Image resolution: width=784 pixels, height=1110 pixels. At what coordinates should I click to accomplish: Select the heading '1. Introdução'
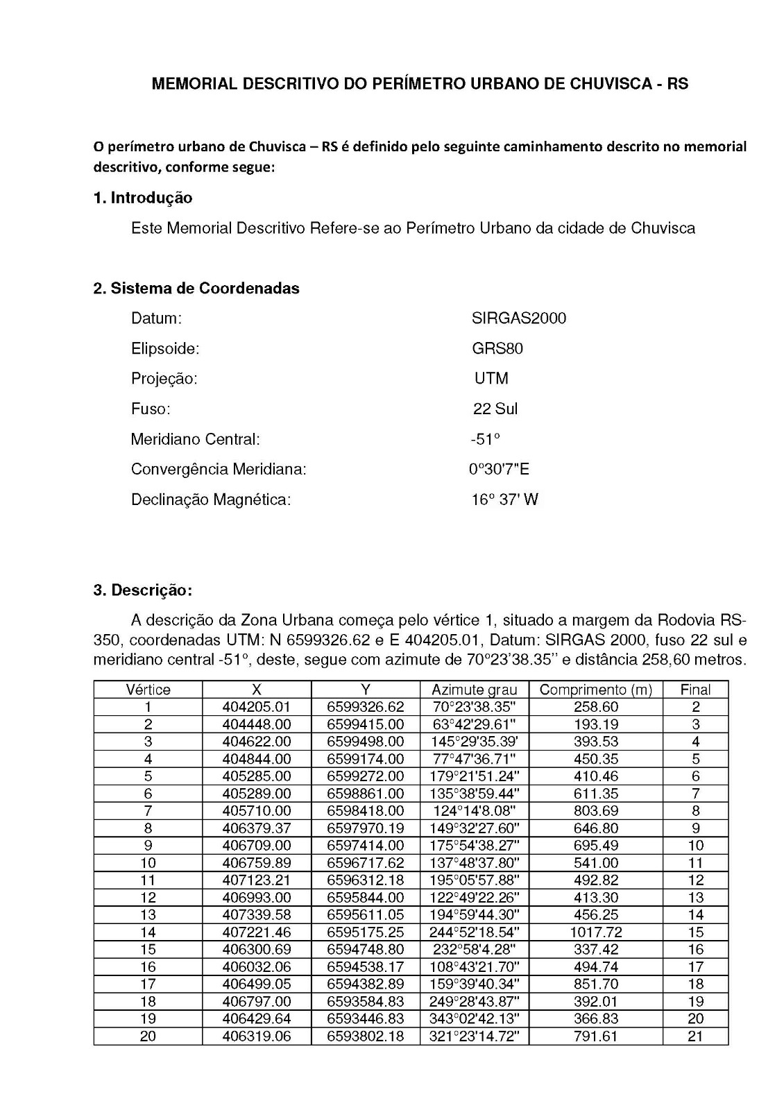pyautogui.click(x=142, y=198)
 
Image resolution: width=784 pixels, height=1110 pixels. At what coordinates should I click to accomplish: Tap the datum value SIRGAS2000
pyautogui.click(x=518, y=318)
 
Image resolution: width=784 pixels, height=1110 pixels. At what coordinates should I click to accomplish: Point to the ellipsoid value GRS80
pyautogui.click(x=497, y=348)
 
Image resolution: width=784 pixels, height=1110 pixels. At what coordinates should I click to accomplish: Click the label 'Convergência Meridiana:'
pyautogui.click(x=219, y=470)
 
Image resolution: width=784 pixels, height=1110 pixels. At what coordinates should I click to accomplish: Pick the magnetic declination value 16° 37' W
pyautogui.click(x=504, y=499)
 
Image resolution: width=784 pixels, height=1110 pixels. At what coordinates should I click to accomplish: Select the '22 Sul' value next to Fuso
pyautogui.click(x=495, y=409)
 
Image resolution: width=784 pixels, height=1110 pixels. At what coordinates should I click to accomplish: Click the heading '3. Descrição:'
pyautogui.click(x=142, y=590)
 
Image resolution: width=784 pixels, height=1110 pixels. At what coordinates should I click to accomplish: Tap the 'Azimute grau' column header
pyautogui.click(x=474, y=690)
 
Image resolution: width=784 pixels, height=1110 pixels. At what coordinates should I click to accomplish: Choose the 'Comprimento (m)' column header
pyautogui.click(x=595, y=690)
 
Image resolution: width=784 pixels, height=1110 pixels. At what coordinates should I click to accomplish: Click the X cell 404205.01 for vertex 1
pyautogui.click(x=257, y=707)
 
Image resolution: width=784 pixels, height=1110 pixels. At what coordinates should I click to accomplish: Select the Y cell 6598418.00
pyautogui.click(x=365, y=811)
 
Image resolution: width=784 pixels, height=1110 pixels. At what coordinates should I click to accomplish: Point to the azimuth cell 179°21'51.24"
pyautogui.click(x=475, y=776)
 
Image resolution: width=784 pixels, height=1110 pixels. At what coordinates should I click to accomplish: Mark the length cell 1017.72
pyautogui.click(x=595, y=932)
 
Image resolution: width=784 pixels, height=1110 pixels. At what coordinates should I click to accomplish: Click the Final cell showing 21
pyautogui.click(x=695, y=1036)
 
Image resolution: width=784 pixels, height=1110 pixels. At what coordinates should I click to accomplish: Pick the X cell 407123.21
pyautogui.click(x=257, y=880)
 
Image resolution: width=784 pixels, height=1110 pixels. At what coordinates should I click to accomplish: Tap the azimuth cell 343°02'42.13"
pyautogui.click(x=475, y=1019)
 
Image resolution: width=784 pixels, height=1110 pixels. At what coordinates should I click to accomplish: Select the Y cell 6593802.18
pyautogui.click(x=365, y=1036)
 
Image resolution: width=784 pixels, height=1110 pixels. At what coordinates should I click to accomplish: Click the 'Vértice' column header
pyautogui.click(x=148, y=690)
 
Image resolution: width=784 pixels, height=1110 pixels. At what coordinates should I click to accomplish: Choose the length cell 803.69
pyautogui.click(x=595, y=811)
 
